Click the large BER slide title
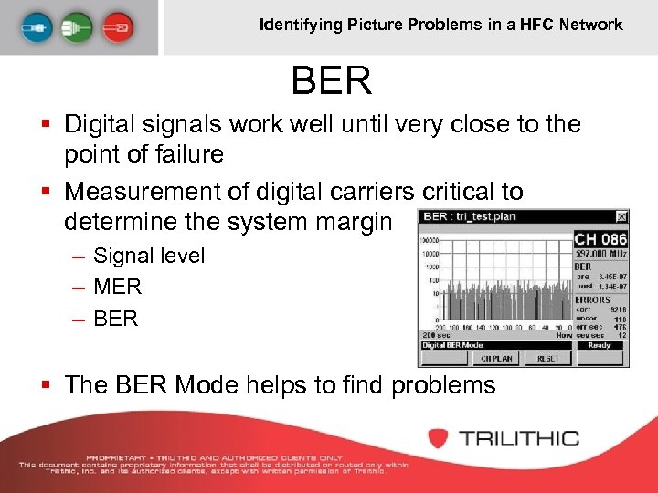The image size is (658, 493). [332, 81]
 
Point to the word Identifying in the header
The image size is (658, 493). [301, 25]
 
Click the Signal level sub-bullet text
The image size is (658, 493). [149, 256]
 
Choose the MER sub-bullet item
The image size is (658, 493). [118, 287]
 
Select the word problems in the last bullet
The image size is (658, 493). [443, 385]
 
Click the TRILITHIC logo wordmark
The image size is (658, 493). [519, 438]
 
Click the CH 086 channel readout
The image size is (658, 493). [600, 239]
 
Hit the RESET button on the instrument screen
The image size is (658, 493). [548, 359]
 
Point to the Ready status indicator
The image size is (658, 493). [600, 346]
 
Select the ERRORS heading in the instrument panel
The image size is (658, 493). [593, 299]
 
